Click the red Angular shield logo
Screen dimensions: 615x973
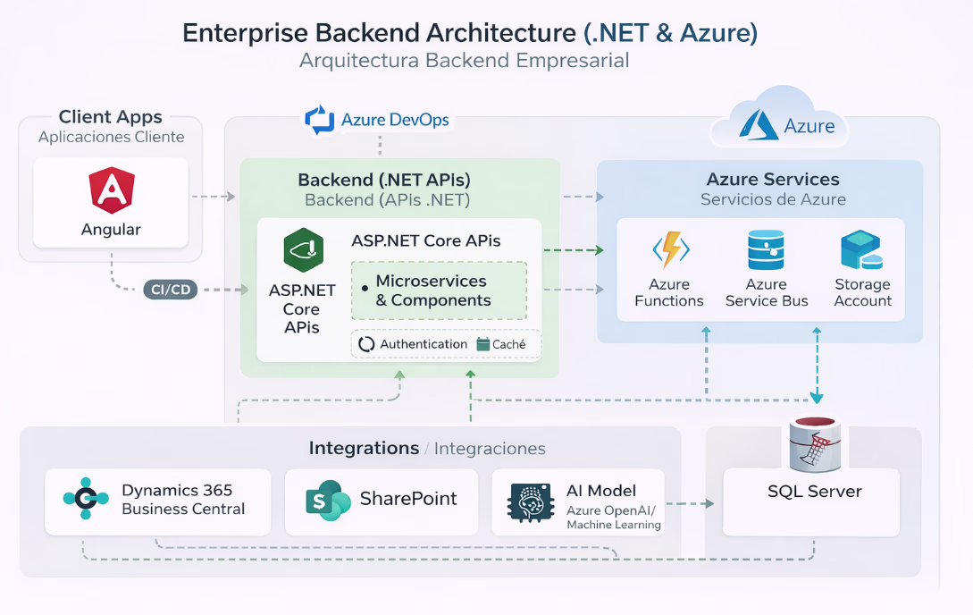[111, 190]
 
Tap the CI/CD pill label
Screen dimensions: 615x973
[170, 289]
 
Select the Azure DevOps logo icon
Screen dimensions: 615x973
[319, 120]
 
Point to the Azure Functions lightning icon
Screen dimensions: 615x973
[669, 251]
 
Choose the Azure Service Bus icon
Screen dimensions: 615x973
[766, 250]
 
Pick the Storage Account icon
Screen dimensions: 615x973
[861, 251]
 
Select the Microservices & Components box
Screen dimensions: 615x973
[439, 291]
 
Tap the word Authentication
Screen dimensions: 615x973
[424, 344]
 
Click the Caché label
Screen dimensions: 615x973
[508, 344]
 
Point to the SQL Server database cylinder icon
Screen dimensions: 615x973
[814, 444]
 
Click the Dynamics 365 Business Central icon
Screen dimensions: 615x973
[86, 499]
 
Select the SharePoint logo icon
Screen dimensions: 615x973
[327, 501]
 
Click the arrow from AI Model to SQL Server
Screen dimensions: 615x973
[690, 504]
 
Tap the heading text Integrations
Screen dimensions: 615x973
[364, 448]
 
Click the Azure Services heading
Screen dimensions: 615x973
[773, 180]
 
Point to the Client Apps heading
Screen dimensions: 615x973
[111, 117]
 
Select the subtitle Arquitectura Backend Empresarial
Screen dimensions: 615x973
[465, 61]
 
